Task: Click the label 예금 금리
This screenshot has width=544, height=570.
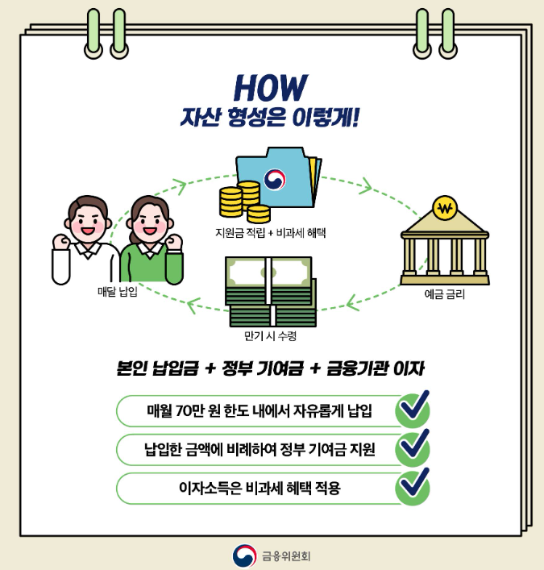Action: click(444, 295)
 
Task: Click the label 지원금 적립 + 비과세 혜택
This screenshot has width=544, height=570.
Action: click(270, 233)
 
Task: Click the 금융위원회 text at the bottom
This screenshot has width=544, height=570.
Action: click(286, 555)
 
